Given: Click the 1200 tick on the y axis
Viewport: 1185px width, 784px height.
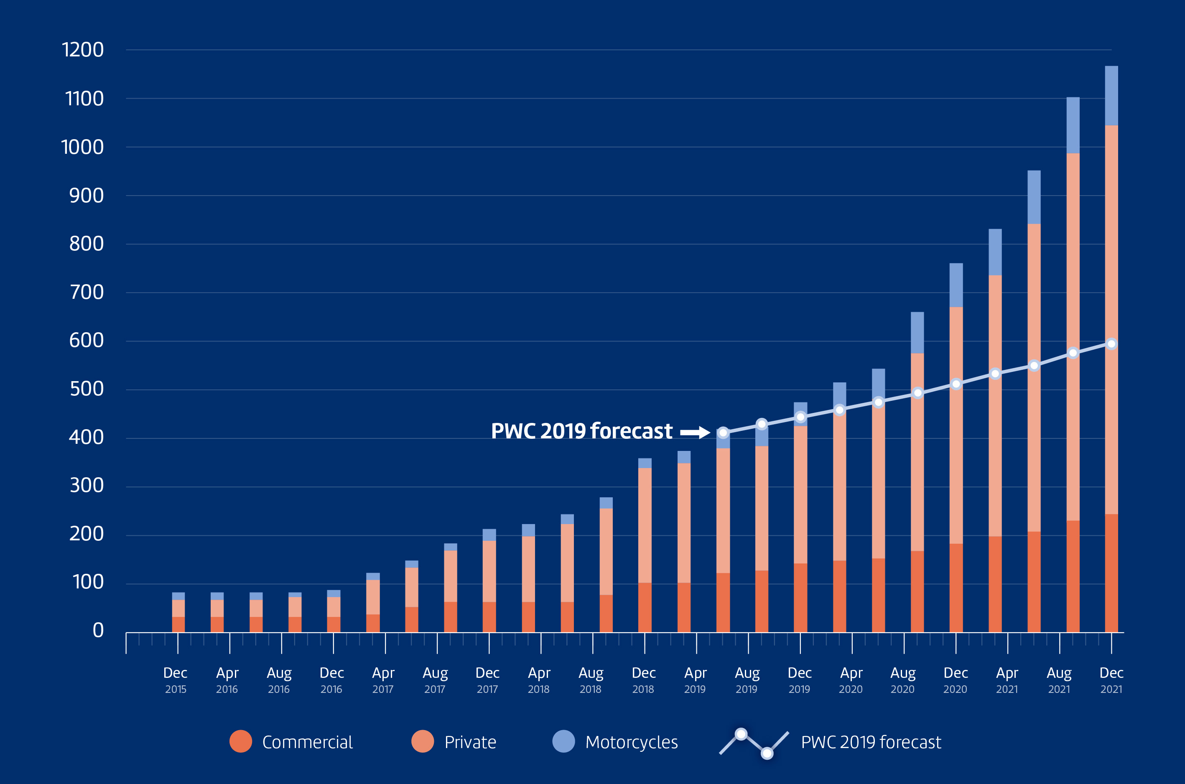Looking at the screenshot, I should pos(82,50).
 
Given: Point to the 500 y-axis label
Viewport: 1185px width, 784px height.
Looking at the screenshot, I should pos(87,389).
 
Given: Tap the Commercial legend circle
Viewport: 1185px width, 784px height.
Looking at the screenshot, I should pos(240,741).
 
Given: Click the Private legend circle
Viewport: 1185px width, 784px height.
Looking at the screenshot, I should pos(423,741).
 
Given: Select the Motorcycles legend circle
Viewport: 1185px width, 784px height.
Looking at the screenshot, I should pos(563,741).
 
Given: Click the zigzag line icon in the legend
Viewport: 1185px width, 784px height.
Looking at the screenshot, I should pos(754,743).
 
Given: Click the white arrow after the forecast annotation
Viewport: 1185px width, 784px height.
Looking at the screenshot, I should pos(695,432).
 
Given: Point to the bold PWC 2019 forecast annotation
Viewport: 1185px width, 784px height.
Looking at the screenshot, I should pos(581,431).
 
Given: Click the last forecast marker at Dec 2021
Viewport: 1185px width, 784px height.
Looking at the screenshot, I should pos(1111,344).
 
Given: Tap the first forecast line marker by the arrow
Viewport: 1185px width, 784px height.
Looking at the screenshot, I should pos(723,433).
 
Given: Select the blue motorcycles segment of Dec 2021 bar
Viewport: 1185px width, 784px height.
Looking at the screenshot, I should pos(1111,95).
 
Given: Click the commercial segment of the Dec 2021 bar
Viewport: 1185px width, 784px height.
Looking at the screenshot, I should pos(1111,573).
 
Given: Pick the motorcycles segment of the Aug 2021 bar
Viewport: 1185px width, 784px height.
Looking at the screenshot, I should pos(1073,125).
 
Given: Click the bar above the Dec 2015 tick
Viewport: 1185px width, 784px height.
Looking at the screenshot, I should pos(178,613).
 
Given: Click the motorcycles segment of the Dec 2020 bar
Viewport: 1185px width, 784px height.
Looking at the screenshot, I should pos(956,285).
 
